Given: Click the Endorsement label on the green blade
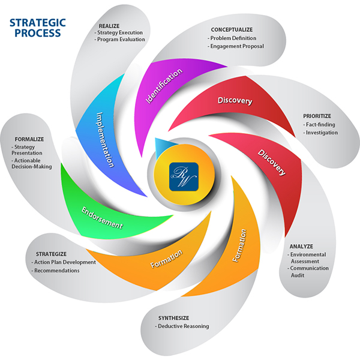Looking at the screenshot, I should (103, 218).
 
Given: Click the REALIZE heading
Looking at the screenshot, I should (109, 26).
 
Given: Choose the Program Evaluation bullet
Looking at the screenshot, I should (122, 40).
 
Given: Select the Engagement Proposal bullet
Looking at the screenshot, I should (237, 46).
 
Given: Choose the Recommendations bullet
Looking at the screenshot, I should (56, 271).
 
